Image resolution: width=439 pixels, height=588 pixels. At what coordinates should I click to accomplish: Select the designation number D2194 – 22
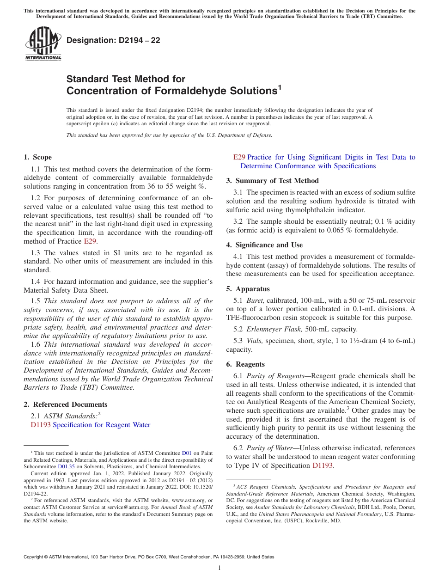tap(113, 40)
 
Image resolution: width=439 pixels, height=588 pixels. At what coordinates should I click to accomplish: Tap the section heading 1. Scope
tap(38, 157)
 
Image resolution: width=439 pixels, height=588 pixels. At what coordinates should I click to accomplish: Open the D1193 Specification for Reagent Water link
tap(91, 425)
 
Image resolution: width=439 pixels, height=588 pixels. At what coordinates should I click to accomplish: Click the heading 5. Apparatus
tap(248, 289)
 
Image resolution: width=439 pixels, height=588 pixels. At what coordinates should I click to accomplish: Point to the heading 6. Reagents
tap(245, 364)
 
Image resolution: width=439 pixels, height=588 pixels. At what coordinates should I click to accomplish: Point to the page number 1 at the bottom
tap(219, 568)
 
